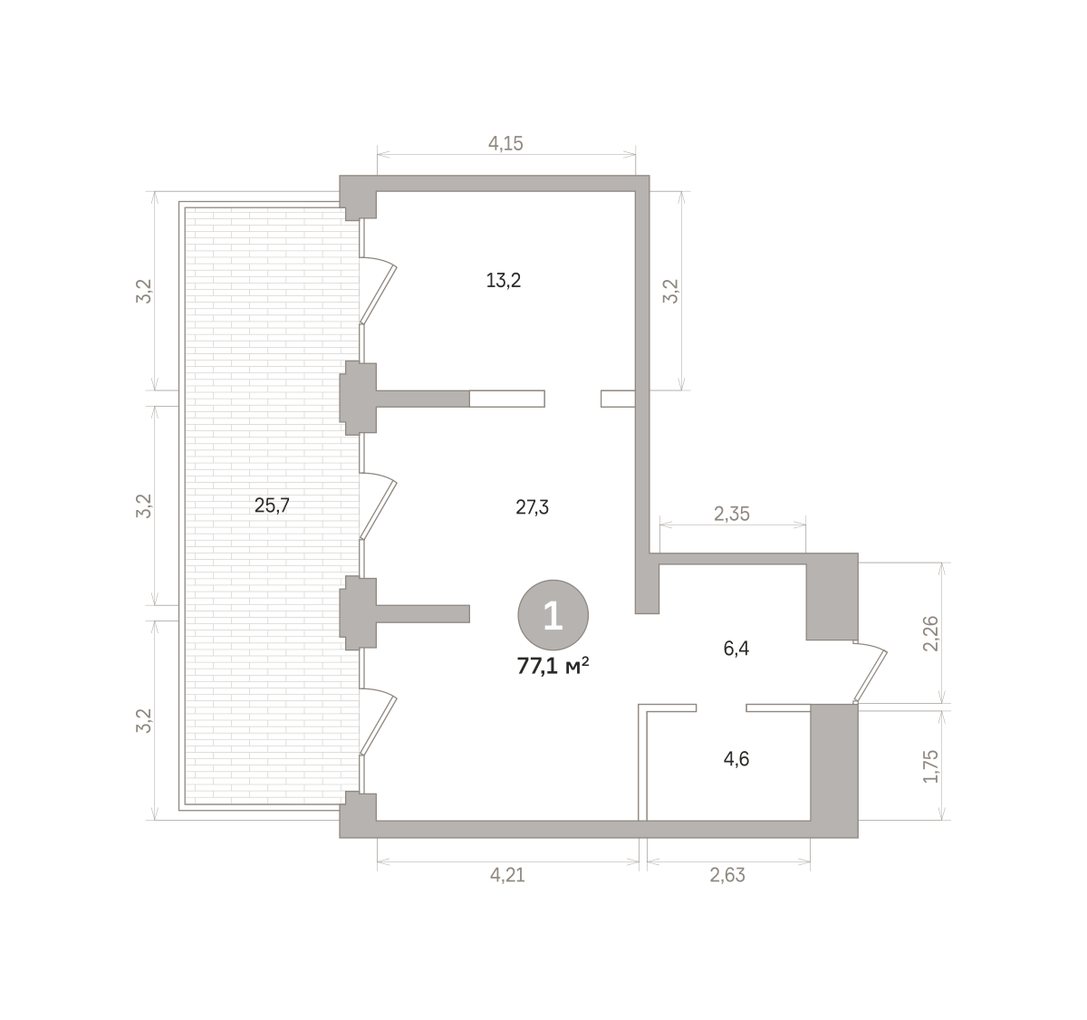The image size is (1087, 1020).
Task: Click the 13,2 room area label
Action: pyautogui.click(x=503, y=281)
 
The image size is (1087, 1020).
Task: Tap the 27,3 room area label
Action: pyautogui.click(x=532, y=507)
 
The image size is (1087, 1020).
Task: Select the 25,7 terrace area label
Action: pyautogui.click(x=272, y=505)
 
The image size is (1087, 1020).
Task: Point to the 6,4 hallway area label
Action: pyautogui.click(x=736, y=649)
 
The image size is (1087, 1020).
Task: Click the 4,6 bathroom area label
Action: pyautogui.click(x=736, y=759)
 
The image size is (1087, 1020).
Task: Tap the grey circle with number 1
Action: pyautogui.click(x=553, y=615)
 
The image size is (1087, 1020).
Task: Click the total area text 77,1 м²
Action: pyautogui.click(x=553, y=667)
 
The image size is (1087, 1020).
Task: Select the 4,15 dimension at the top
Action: pyautogui.click(x=505, y=143)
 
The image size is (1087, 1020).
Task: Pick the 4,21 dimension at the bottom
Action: pyautogui.click(x=507, y=875)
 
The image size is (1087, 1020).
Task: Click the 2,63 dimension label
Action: pyautogui.click(x=727, y=875)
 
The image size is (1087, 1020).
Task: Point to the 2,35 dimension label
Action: pyautogui.click(x=732, y=515)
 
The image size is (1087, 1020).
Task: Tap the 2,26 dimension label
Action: pyautogui.click(x=930, y=633)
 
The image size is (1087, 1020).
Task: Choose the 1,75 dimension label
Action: pyautogui.click(x=930, y=766)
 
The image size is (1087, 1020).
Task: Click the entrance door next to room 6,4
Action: pyautogui.click(x=871, y=672)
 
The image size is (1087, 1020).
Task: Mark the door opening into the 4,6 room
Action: pyautogui.click(x=721, y=707)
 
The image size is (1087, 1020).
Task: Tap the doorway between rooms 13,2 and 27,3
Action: pyautogui.click(x=572, y=399)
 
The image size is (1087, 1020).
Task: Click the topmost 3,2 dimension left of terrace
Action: pyautogui.click(x=144, y=292)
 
